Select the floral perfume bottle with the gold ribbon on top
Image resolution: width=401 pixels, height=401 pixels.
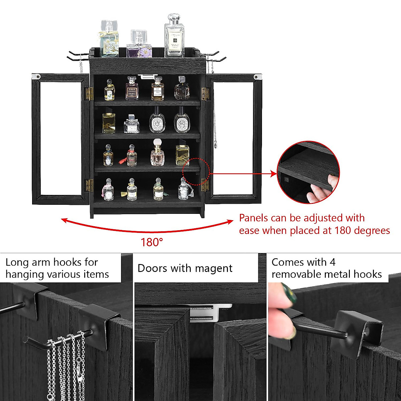pos(109,39)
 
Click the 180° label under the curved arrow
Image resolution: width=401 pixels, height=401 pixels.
pos(151,242)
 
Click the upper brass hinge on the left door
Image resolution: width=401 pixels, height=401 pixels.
pos(89,94)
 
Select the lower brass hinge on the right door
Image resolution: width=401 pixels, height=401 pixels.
pos(205,185)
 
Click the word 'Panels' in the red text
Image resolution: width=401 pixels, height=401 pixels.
pos(253,218)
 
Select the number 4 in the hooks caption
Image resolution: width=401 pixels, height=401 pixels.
pos(332,262)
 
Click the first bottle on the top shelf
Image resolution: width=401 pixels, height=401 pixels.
pos(109,90)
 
